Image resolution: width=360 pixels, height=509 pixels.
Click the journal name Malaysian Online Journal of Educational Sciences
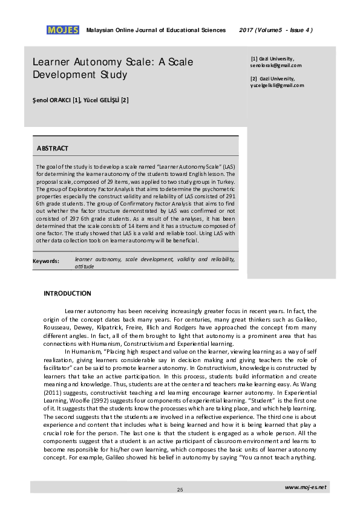click(156, 30)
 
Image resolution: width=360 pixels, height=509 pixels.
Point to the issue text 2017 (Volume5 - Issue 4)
click(276, 30)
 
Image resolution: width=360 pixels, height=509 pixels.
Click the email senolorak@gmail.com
click(275, 65)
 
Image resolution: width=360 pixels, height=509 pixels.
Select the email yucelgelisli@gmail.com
click(277, 85)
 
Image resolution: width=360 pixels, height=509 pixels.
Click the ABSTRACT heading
click(53, 148)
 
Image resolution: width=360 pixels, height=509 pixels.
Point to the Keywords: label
click(46, 261)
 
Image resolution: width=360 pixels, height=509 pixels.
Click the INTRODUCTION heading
click(67, 293)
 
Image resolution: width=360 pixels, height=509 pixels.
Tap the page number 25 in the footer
click(180, 489)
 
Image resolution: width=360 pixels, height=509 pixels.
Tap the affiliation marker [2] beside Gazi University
click(254, 79)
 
